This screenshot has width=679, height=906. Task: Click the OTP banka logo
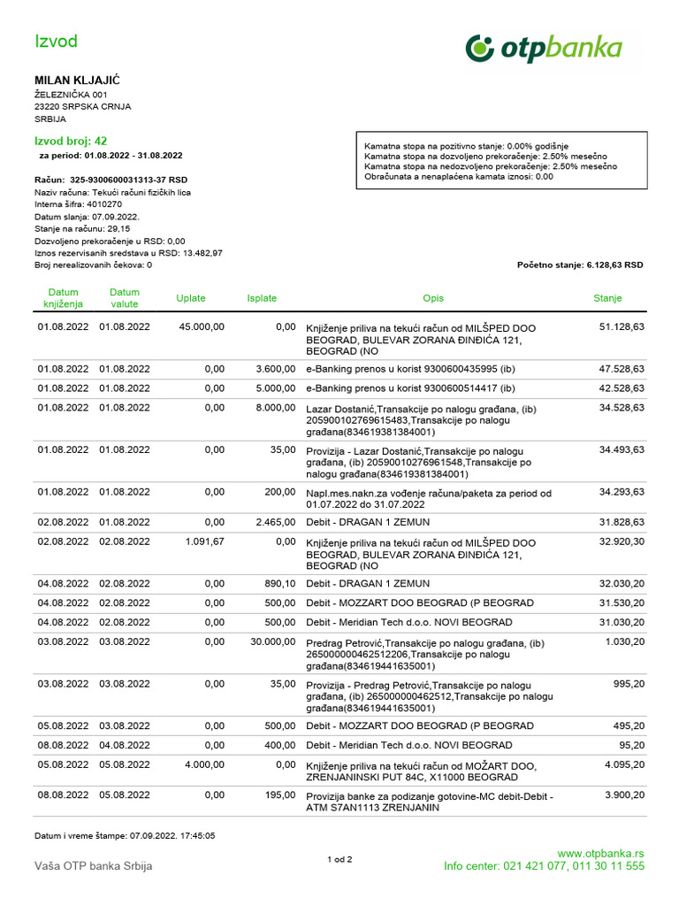point(544,49)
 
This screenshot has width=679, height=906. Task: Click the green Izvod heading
point(56,42)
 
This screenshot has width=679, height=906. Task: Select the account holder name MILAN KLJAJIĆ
point(77,81)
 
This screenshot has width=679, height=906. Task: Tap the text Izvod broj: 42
point(71,141)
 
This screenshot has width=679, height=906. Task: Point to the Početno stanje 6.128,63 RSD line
point(579,265)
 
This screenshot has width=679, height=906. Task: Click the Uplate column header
point(191,298)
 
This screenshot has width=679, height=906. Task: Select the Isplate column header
point(262,298)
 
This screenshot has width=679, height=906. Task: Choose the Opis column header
point(433,298)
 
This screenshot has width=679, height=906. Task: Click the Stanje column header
point(607,298)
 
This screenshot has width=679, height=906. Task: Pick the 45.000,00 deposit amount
point(202,327)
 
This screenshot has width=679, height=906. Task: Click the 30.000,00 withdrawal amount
point(272,641)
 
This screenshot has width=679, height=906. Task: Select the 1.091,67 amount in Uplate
point(205,541)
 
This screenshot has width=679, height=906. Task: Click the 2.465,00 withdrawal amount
point(275,522)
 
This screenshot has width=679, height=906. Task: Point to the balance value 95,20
point(630,745)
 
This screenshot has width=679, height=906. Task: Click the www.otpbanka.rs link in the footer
point(600,854)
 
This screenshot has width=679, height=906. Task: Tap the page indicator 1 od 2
point(339,859)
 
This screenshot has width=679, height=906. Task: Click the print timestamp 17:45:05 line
point(125,835)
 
